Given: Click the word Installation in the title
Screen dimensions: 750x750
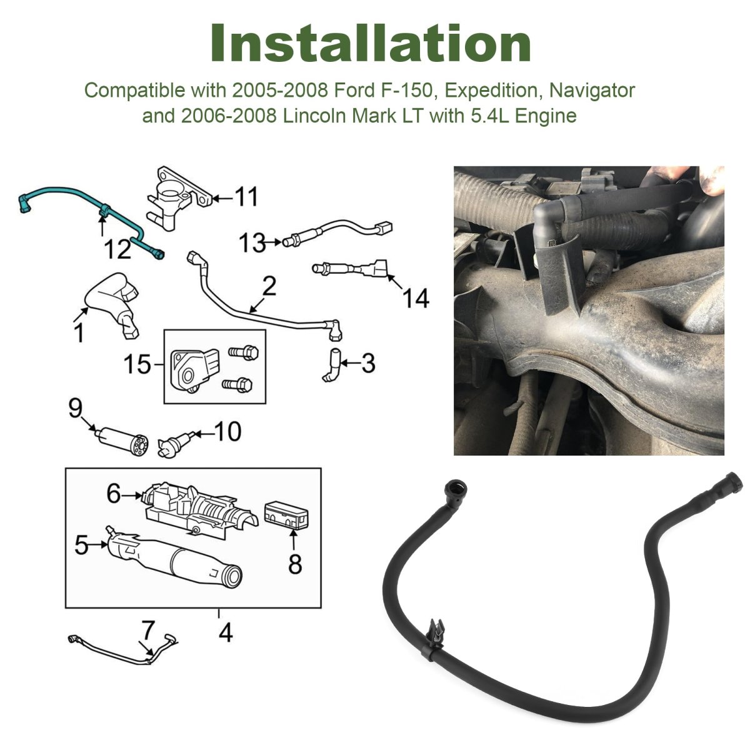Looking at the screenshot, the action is (371, 43).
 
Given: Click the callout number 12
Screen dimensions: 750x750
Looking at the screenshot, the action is (117, 249).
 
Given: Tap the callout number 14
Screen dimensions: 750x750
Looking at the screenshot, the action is (416, 298).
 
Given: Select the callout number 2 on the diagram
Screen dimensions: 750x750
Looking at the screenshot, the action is (269, 286).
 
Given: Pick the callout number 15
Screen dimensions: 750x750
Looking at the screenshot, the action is (137, 364).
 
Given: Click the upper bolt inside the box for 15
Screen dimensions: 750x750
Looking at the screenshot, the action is (243, 352).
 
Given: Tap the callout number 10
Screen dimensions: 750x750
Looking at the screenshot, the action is (227, 431).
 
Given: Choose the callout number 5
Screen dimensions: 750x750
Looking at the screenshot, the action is (81, 545).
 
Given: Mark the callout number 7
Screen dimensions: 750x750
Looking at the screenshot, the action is (148, 630).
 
